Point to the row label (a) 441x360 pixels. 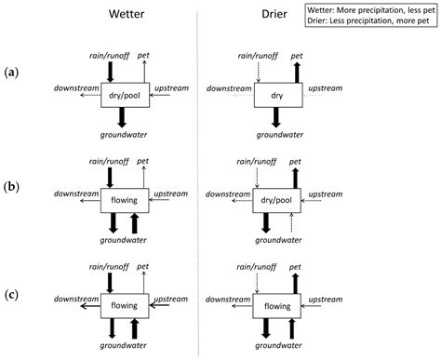coord(12,73)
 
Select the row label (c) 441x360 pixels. coord(12,295)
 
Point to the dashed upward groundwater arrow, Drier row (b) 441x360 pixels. coord(291,222)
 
